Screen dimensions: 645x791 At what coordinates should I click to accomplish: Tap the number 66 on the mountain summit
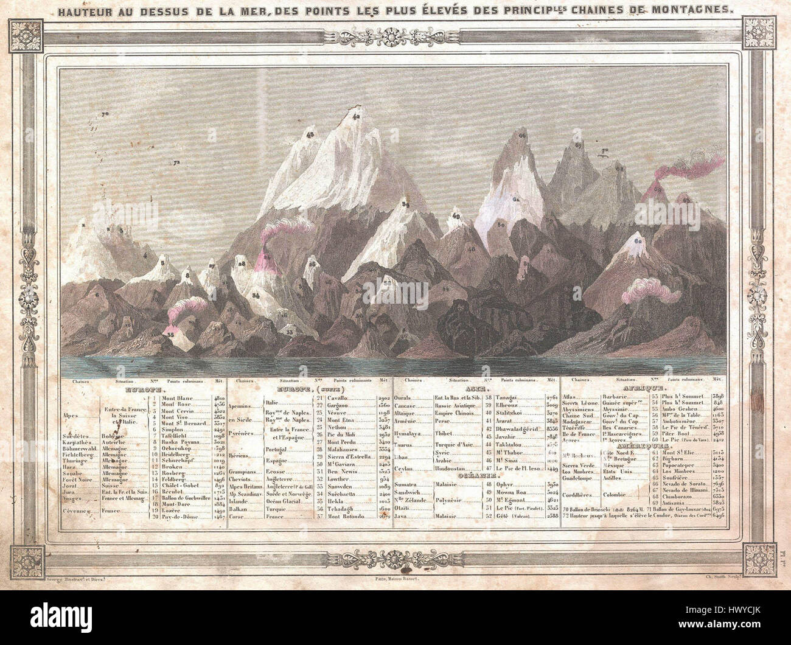[x=522, y=135]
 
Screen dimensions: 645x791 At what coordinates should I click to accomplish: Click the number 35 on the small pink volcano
[x=171, y=335]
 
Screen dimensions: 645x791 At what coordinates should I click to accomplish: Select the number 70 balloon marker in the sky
[x=105, y=114]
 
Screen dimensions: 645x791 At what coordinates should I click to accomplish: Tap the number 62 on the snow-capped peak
[x=638, y=242]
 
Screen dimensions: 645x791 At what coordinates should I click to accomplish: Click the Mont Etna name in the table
[x=341, y=420]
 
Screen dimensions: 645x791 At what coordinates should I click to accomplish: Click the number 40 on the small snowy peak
[x=456, y=216]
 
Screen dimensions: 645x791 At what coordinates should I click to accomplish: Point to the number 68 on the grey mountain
[x=619, y=169]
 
